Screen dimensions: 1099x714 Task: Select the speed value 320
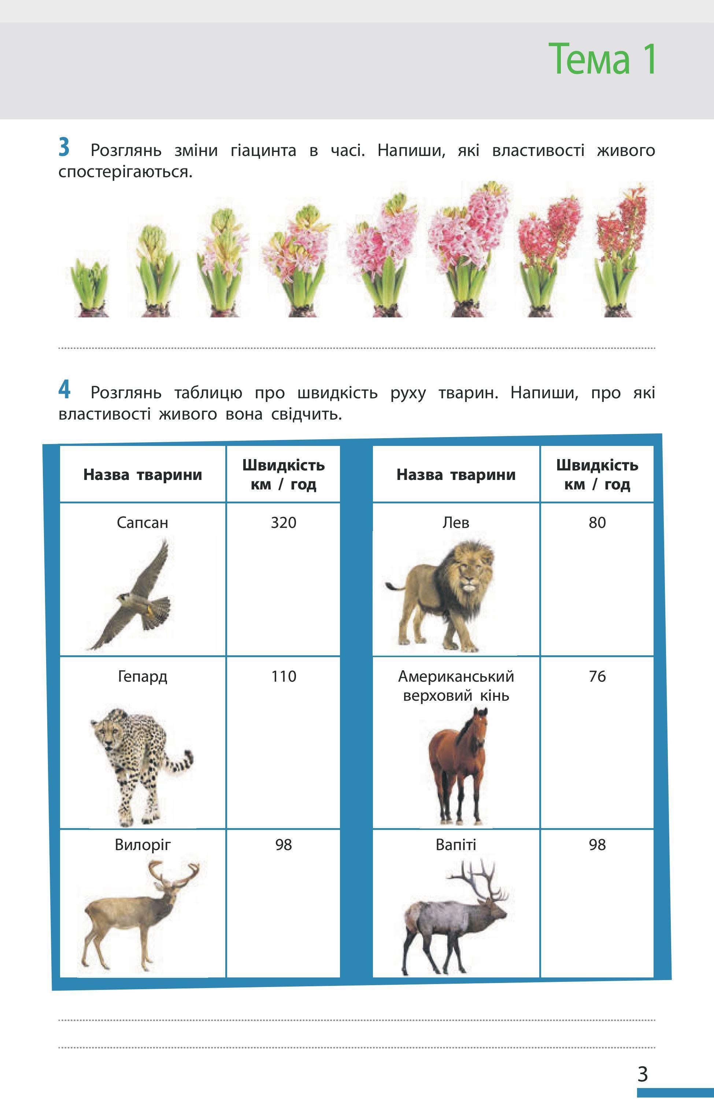pyautogui.click(x=283, y=523)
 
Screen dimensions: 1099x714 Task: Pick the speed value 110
pyautogui.click(x=283, y=677)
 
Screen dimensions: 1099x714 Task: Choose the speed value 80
pyautogui.click(x=597, y=523)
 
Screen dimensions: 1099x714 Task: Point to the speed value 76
pyautogui.click(x=597, y=677)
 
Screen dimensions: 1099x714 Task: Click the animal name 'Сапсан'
pyautogui.click(x=143, y=523)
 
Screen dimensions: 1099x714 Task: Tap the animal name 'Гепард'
pyautogui.click(x=143, y=677)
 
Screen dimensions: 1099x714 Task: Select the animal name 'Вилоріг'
pyautogui.click(x=143, y=845)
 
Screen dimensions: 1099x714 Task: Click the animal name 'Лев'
pyautogui.click(x=456, y=523)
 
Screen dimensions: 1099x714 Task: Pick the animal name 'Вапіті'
pyautogui.click(x=456, y=845)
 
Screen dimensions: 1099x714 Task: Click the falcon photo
pyautogui.click(x=134, y=596)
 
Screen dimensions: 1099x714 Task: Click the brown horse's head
pyautogui.click(x=480, y=730)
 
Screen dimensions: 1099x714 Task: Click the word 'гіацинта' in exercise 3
pyautogui.click(x=263, y=150)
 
